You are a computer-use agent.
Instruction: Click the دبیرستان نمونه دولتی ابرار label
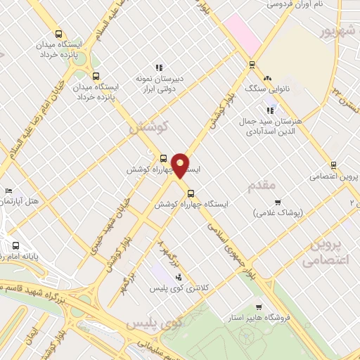[159, 84]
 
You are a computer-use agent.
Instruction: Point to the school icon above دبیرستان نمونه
[158, 67]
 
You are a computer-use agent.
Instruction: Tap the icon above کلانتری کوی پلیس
[178, 276]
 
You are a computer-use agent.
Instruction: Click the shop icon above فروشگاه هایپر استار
[259, 307]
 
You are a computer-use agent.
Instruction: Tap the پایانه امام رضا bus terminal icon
[16, 246]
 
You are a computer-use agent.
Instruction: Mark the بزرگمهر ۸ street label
[167, 250]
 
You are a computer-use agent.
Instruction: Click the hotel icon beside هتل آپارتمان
[8, 191]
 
